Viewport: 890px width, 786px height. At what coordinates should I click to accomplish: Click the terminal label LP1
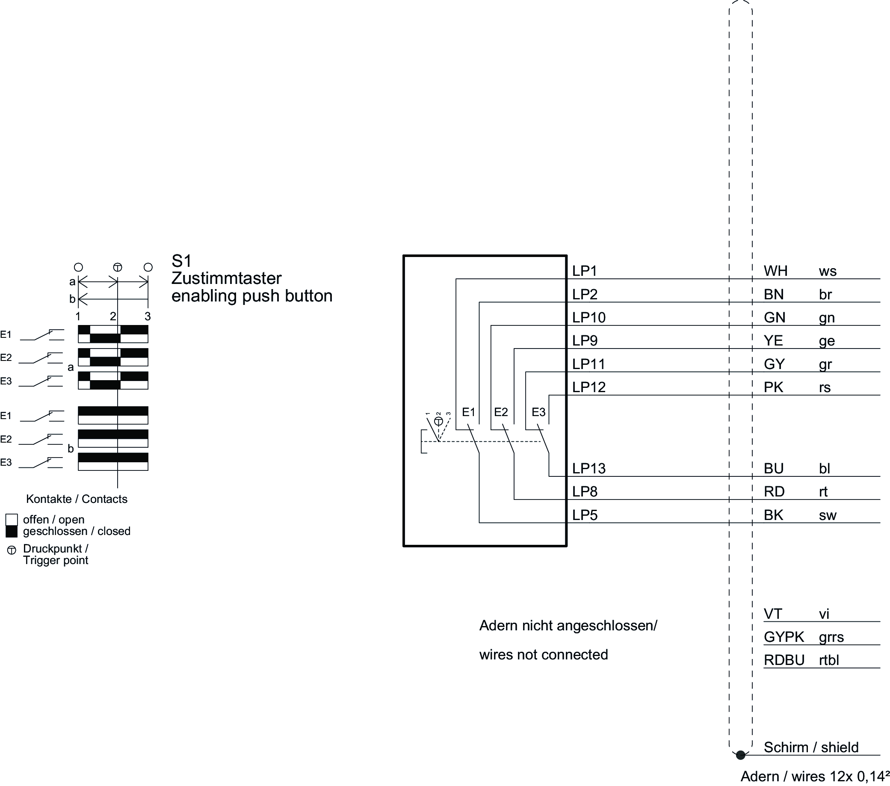[x=584, y=271]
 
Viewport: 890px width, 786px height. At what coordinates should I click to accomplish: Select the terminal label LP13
[x=588, y=468]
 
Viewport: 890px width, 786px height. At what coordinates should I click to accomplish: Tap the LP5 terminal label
[x=584, y=515]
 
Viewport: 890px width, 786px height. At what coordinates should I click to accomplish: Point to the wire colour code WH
[x=775, y=271]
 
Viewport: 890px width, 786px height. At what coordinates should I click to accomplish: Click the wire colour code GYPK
[x=784, y=637]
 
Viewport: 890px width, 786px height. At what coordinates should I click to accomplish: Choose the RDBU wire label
[x=784, y=660]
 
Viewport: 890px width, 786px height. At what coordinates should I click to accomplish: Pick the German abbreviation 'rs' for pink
[x=825, y=387]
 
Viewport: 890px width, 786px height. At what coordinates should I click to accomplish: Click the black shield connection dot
[x=740, y=755]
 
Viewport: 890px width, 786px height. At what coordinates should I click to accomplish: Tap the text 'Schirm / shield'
[x=811, y=747]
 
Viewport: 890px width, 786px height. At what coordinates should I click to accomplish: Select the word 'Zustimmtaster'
[x=226, y=278]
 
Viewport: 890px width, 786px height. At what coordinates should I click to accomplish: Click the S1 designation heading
[x=182, y=261]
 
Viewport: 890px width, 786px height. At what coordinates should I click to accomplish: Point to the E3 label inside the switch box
[x=538, y=412]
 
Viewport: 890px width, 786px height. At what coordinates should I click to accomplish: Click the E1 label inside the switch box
[x=468, y=412]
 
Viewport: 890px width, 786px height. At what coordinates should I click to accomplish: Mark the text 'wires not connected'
[x=544, y=654]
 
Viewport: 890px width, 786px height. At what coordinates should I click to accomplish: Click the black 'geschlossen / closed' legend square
[x=12, y=531]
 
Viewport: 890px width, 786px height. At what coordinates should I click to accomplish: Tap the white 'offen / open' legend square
[x=12, y=520]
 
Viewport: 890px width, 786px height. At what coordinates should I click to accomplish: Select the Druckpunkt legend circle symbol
[x=12, y=550]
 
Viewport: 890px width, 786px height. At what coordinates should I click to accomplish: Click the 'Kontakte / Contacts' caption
[x=77, y=499]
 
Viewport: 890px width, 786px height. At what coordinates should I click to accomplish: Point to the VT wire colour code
[x=773, y=614]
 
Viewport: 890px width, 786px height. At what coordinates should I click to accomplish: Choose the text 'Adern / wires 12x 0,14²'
[x=815, y=777]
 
